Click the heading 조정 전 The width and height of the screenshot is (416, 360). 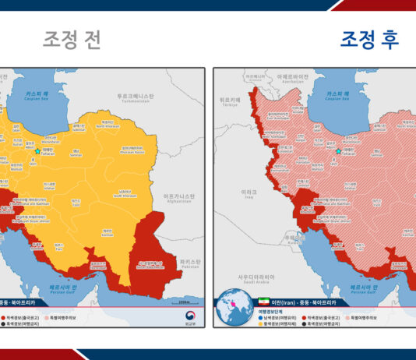(72, 40)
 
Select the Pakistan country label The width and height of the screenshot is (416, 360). (190, 263)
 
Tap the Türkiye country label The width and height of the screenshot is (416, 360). (227, 101)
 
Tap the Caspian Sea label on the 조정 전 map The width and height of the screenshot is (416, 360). (30, 97)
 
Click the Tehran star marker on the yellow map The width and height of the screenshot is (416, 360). (37, 151)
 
